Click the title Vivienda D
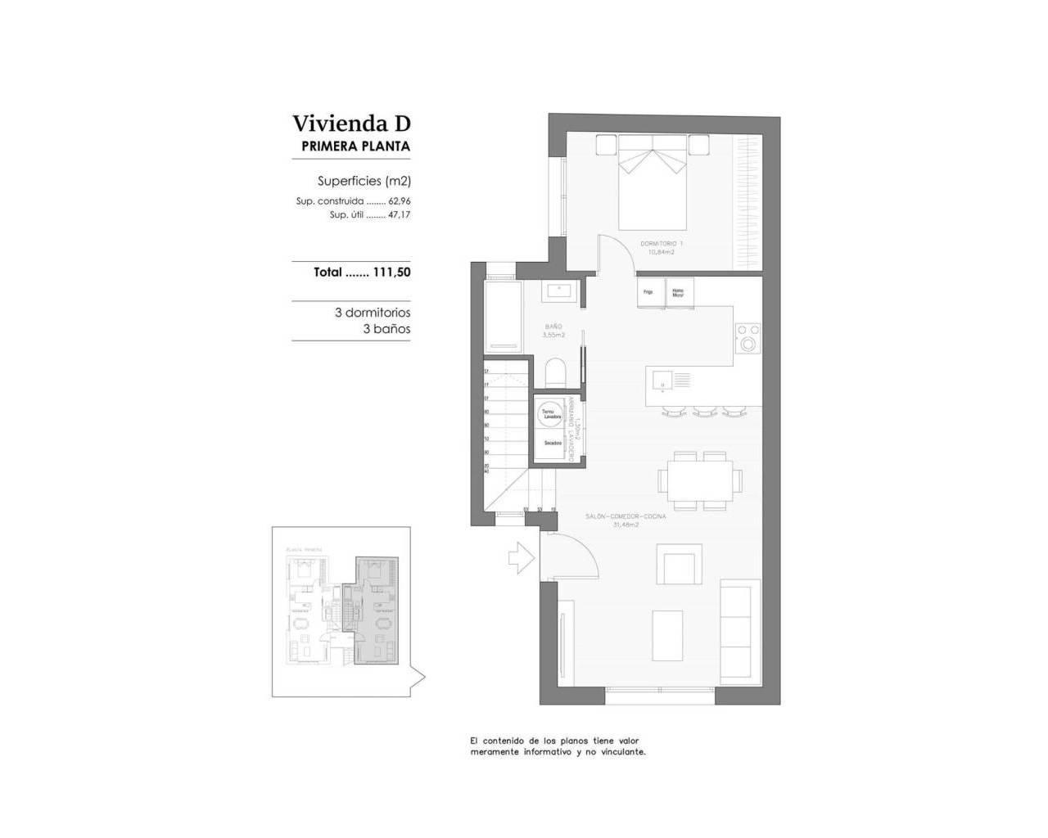tap(351, 124)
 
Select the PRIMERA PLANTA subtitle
tap(355, 146)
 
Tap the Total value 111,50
tap(391, 273)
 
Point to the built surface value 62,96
tap(399, 201)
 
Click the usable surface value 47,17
tap(399, 215)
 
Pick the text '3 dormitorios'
tap(373, 313)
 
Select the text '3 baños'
tap(386, 329)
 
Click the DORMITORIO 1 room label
tap(662, 243)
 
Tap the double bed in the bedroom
tap(652, 182)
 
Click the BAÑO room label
tap(553, 327)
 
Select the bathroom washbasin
tap(561, 290)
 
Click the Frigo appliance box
tap(648, 292)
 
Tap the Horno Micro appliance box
tap(678, 292)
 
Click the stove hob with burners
tap(748, 338)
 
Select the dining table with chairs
tap(700, 480)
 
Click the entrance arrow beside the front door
tap(521, 559)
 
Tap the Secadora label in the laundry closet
tap(553, 443)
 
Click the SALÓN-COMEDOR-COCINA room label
tap(626, 516)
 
